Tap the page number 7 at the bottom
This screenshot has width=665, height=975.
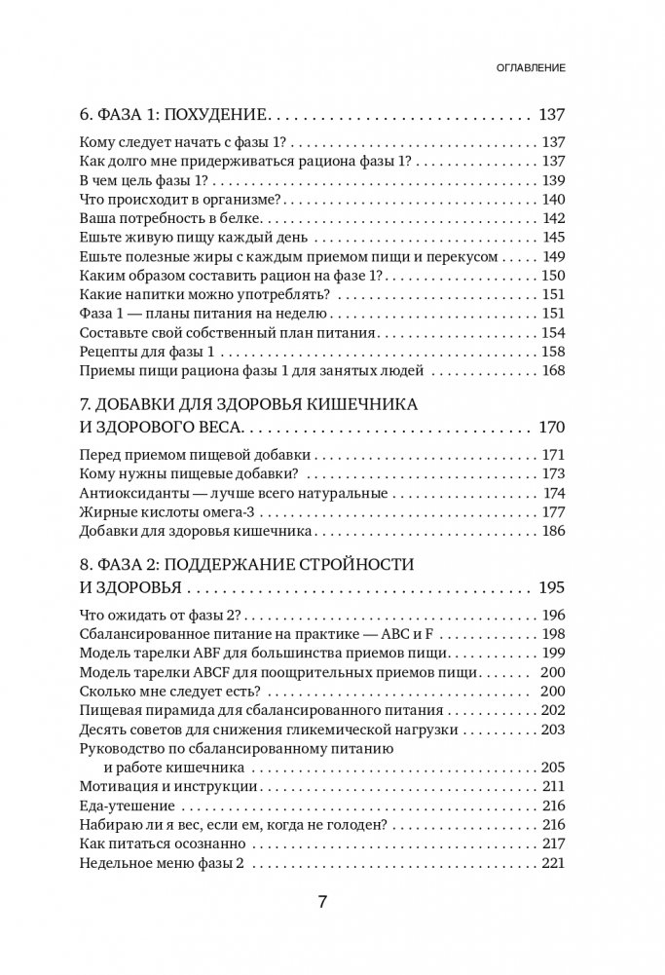tap(323, 901)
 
